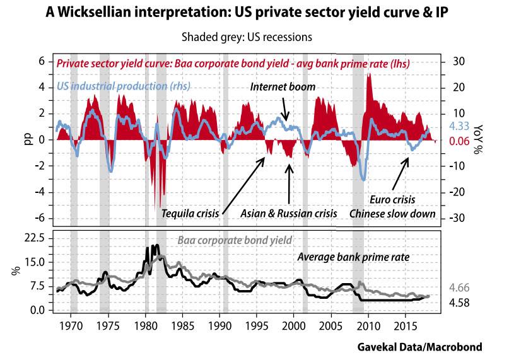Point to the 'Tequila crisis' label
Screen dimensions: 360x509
tap(189, 213)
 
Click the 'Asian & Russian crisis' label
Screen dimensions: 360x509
tap(289, 213)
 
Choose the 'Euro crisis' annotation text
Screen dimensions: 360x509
tap(394, 199)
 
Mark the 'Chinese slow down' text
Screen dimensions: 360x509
tap(393, 214)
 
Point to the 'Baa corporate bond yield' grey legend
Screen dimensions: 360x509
tap(235, 240)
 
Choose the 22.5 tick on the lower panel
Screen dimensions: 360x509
tap(34, 238)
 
